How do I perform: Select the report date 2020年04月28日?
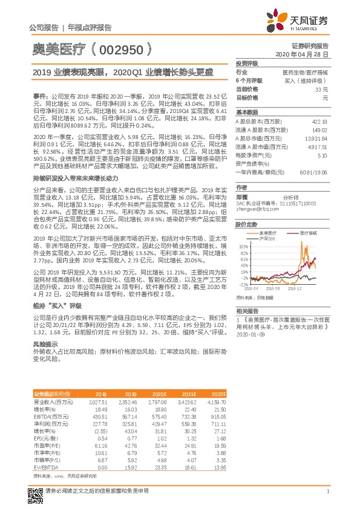(306, 54)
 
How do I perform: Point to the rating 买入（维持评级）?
(310, 80)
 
